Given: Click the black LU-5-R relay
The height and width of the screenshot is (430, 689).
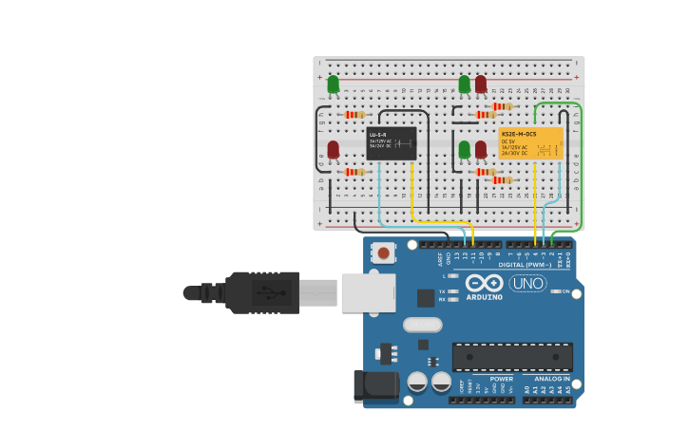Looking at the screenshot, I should (392, 143).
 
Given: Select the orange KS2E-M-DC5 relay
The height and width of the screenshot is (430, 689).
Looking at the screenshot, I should (531, 143).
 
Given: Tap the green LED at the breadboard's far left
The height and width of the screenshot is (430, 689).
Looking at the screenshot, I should (333, 84).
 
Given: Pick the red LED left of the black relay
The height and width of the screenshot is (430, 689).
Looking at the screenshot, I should (333, 149).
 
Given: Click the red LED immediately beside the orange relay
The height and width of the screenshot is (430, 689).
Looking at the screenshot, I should (481, 149).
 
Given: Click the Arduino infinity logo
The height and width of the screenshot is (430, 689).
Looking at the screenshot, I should (483, 283).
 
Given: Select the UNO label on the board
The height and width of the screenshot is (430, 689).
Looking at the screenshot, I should (527, 283).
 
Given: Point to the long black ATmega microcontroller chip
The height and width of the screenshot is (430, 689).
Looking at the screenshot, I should (512, 357).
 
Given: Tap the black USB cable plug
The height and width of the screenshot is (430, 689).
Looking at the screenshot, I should (261, 292).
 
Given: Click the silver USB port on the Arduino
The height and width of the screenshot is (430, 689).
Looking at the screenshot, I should (368, 292).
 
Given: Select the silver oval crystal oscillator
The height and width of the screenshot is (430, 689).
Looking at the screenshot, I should (422, 325).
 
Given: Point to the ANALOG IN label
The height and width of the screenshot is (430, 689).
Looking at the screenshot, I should (551, 379).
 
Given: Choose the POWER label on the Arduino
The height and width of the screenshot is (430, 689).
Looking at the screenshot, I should (502, 379).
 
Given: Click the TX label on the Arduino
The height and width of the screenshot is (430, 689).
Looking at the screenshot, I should (441, 290).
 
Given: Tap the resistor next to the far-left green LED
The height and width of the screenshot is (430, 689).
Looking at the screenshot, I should (354, 115).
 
